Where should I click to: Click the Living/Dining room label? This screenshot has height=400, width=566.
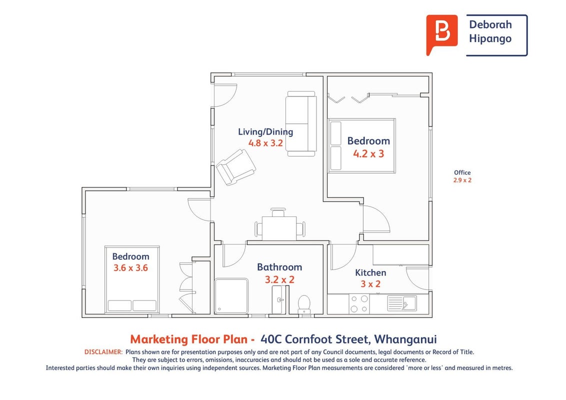coord(265,132)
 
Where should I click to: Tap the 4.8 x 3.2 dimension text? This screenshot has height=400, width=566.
coord(265,143)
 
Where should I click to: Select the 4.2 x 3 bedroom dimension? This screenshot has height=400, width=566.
coord(368,154)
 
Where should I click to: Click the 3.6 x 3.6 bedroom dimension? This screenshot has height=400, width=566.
coord(130,268)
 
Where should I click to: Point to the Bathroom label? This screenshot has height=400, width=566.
coord(279,267)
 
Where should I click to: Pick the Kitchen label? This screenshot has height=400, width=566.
coord(370,272)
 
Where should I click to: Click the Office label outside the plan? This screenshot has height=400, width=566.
coord(462,172)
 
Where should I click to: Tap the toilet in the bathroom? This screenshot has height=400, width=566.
coord(304,304)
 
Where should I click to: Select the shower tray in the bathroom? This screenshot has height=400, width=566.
coord(231,295)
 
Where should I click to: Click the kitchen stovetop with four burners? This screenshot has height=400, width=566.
coord(359,304)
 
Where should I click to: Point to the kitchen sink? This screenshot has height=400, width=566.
coord(402,303)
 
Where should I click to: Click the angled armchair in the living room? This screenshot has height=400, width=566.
coord(236,167)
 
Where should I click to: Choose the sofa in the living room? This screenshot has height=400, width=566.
coord(301,124)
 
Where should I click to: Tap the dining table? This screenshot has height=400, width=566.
coord(279,228)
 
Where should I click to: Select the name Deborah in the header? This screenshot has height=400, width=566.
coord(490,24)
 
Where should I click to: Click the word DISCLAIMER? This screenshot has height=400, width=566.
coord(103,352)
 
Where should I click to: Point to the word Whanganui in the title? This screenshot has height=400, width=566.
coord(405,339)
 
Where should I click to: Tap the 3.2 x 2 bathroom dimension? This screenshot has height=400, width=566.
coord(279,280)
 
